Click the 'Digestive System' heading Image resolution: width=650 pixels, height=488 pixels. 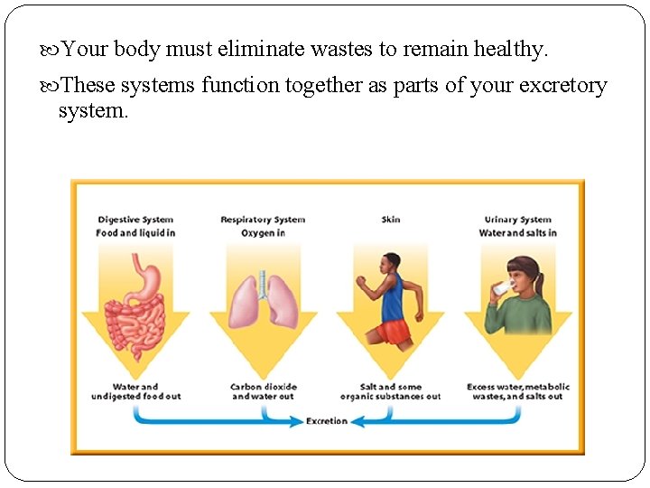(135, 220)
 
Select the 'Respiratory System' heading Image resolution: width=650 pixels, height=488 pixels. (263, 220)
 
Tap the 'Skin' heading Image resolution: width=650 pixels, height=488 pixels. (391, 220)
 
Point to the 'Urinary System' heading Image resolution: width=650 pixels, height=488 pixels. (518, 220)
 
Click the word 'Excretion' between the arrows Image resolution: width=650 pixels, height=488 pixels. (327, 421)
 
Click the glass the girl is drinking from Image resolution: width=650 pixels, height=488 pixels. (500, 288)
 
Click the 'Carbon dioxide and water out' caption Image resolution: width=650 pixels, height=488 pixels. (263, 391)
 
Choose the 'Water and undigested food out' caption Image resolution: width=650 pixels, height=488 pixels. (135, 391)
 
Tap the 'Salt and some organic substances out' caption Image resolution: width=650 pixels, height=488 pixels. (391, 391)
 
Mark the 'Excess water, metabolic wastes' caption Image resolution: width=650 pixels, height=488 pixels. (518, 391)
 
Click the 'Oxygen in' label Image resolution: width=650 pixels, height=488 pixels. (263, 233)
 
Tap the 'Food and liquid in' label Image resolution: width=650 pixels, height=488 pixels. (135, 233)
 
